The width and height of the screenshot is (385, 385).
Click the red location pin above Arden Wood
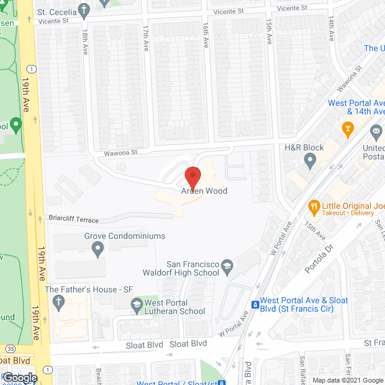click(192, 176)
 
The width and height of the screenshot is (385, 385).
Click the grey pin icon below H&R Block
click(310, 160)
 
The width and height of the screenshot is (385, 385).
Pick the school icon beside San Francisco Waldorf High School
click(227, 265)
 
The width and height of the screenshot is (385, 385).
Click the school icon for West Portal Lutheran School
click(137, 306)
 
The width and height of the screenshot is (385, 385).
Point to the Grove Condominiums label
click(125, 236)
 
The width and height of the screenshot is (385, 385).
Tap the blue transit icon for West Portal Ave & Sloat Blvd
click(255, 305)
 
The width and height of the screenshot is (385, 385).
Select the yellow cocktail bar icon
click(346, 128)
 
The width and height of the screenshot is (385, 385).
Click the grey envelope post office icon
click(377, 131)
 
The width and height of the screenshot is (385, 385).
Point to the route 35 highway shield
click(11, 348)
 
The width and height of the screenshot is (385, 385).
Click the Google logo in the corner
click(19, 378)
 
